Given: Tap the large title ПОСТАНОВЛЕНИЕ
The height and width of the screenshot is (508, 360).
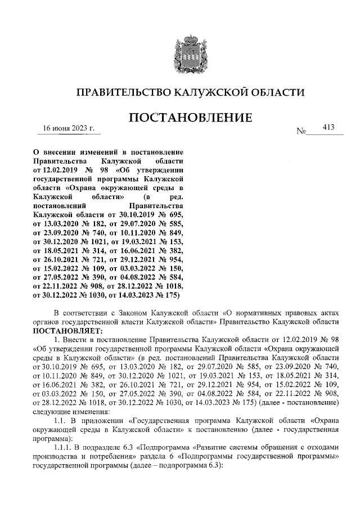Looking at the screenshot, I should click(x=191, y=119).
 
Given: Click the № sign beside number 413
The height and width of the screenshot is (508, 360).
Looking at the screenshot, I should click(x=301, y=132).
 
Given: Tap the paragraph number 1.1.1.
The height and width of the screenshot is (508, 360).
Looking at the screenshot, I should click(x=62, y=441).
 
